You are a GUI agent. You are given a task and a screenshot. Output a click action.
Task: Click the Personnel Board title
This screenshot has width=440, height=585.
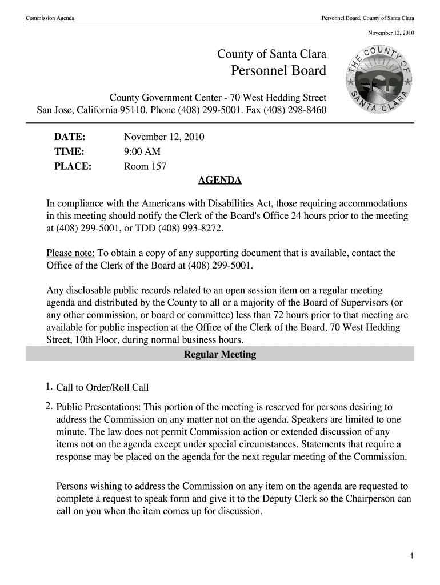point(278,71)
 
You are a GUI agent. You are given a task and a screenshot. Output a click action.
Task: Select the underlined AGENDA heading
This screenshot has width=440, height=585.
point(219,181)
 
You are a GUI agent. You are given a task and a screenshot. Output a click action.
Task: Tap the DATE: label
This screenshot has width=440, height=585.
point(70,137)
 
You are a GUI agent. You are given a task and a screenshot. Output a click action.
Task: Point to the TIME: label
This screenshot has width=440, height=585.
point(69,152)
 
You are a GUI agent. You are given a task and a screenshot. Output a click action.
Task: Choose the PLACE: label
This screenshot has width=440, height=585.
point(73,167)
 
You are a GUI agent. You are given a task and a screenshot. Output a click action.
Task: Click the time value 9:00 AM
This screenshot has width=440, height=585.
point(142,152)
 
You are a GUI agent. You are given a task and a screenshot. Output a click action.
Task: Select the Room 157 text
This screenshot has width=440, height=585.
point(145,167)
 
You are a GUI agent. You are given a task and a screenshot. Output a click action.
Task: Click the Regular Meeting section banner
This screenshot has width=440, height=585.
point(220,355)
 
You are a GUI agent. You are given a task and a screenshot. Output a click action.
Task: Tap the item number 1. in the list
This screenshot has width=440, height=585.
point(50,387)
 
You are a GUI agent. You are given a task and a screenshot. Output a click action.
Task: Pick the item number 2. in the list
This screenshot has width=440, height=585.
point(50,407)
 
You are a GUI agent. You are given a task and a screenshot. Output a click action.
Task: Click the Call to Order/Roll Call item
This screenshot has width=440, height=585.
point(102,388)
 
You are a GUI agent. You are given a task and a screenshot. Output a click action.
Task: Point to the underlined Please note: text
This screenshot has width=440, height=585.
point(70,253)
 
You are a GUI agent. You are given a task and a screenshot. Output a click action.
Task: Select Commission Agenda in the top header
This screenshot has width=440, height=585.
point(50,19)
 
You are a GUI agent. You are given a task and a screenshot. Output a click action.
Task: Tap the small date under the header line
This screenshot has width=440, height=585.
point(391,33)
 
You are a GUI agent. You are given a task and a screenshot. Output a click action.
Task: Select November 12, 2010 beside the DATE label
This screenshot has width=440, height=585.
point(164,137)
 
